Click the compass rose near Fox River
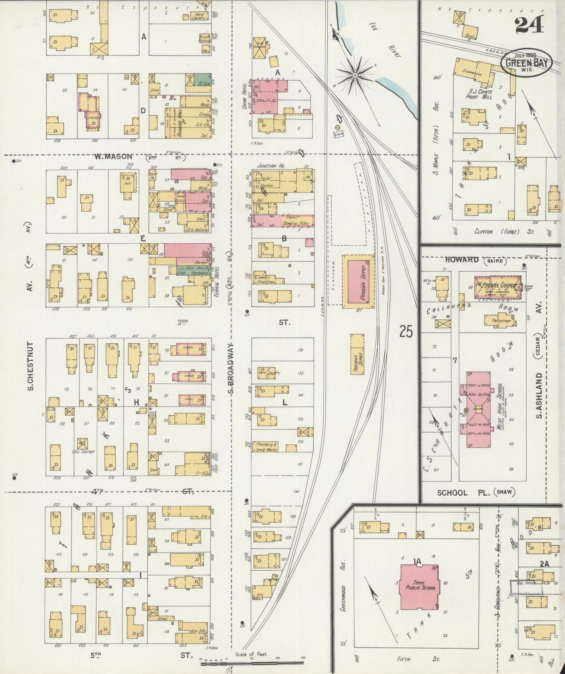click(x=355, y=74)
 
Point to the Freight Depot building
click(x=357, y=354)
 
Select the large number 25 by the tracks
click(x=406, y=332)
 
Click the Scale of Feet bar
click(x=252, y=659)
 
